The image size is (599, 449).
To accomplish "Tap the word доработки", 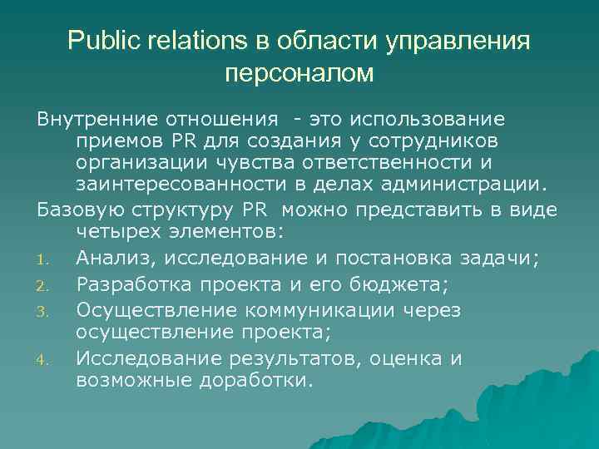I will (260, 382).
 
